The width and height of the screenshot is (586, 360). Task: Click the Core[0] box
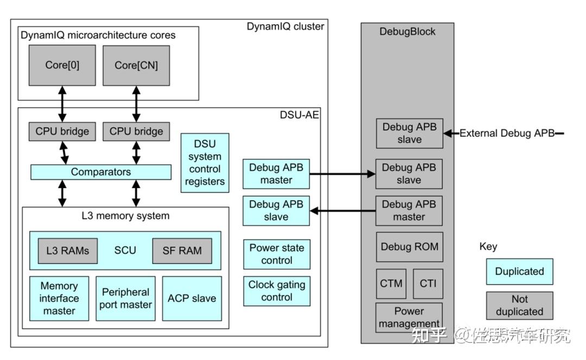coord(62,66)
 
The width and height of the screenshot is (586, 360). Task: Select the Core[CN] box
coord(136,66)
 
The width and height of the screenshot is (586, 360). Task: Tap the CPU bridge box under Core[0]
coord(62,131)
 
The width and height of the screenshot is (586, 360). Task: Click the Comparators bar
coord(101,172)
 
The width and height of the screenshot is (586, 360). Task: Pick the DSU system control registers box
coord(205,163)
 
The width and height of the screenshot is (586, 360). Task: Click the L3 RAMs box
coord(68,251)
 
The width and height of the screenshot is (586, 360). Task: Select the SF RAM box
coord(182,251)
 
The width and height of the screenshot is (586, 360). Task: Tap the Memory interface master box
coord(59,298)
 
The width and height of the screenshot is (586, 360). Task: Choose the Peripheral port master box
coord(125,298)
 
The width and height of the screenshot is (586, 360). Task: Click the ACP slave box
coord(192,298)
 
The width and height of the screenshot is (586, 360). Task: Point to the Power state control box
coord(277,254)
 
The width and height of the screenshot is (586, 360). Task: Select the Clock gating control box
coord(277,291)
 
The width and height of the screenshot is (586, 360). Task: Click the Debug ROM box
coord(410,247)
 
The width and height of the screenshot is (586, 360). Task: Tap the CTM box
coord(391,284)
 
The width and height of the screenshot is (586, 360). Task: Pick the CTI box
coord(428,284)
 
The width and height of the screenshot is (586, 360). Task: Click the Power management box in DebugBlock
coord(409,317)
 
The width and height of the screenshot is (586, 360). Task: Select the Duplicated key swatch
coord(519,272)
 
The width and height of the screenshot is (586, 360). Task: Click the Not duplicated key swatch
coord(519,305)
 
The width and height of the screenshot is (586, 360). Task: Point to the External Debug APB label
coord(507,133)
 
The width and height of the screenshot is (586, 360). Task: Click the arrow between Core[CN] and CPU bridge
coord(136,104)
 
